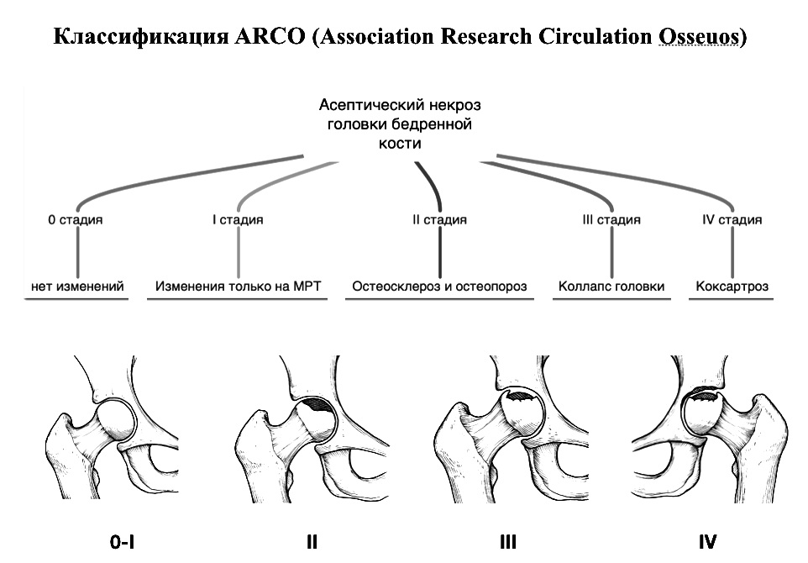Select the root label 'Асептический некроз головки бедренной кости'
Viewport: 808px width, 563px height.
click(x=400, y=124)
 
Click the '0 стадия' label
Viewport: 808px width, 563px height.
click(x=75, y=220)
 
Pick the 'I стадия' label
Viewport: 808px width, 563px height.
click(x=237, y=220)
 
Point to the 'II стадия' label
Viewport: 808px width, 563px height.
click(x=439, y=220)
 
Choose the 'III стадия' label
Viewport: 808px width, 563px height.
click(x=611, y=220)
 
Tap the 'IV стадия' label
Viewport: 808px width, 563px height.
click(x=732, y=220)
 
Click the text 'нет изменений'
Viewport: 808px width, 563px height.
click(x=77, y=287)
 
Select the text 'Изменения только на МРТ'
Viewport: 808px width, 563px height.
click(x=239, y=287)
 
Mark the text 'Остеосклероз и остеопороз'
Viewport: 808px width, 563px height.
click(x=439, y=287)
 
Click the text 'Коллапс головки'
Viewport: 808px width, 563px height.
click(x=611, y=287)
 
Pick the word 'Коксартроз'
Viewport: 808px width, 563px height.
click(x=732, y=287)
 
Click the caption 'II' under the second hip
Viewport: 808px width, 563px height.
click(x=312, y=542)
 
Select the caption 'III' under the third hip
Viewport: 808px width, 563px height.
click(x=507, y=542)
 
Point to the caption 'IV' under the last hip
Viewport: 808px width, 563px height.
click(x=707, y=542)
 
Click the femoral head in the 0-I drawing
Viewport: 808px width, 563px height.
click(x=113, y=419)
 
